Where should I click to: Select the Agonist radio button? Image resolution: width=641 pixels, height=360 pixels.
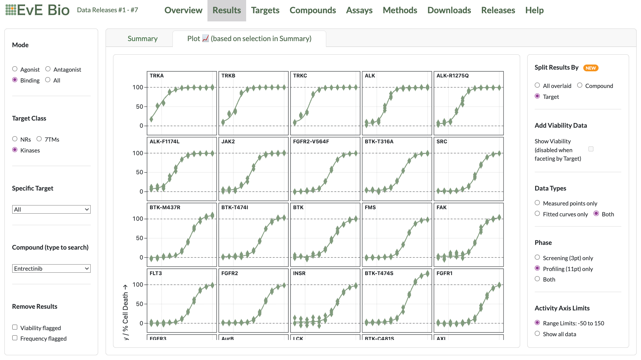[x=15, y=69]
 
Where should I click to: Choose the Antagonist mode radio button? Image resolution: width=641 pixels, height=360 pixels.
[x=48, y=69]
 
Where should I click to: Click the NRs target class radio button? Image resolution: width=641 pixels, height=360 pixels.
[x=15, y=139]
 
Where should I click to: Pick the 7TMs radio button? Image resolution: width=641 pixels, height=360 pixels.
[x=39, y=139]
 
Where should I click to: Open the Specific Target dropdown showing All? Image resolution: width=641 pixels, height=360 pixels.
[x=51, y=210]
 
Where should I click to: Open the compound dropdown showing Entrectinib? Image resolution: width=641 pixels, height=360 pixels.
[x=51, y=269]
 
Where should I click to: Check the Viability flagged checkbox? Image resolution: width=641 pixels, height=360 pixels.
[x=15, y=327]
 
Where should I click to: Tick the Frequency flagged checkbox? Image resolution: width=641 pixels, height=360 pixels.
[x=15, y=338]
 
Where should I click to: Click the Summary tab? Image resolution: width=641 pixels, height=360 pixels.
[x=142, y=39]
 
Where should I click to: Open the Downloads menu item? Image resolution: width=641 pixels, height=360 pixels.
[x=449, y=10]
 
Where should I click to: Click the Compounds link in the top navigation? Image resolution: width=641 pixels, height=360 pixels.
[x=312, y=10]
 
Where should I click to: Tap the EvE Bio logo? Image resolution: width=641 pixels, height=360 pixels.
[x=37, y=10]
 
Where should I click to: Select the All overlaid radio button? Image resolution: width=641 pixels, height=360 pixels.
[x=537, y=85]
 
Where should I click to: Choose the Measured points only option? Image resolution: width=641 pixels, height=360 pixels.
[x=537, y=203]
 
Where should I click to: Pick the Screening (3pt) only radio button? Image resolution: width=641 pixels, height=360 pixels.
[x=537, y=257]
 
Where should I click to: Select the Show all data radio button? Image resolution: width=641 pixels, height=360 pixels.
[x=537, y=334]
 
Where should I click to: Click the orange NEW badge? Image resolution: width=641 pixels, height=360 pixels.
[x=590, y=68]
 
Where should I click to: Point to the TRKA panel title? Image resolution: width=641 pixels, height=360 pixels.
[x=157, y=76]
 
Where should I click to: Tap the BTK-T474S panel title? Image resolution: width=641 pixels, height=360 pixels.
[x=379, y=273]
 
